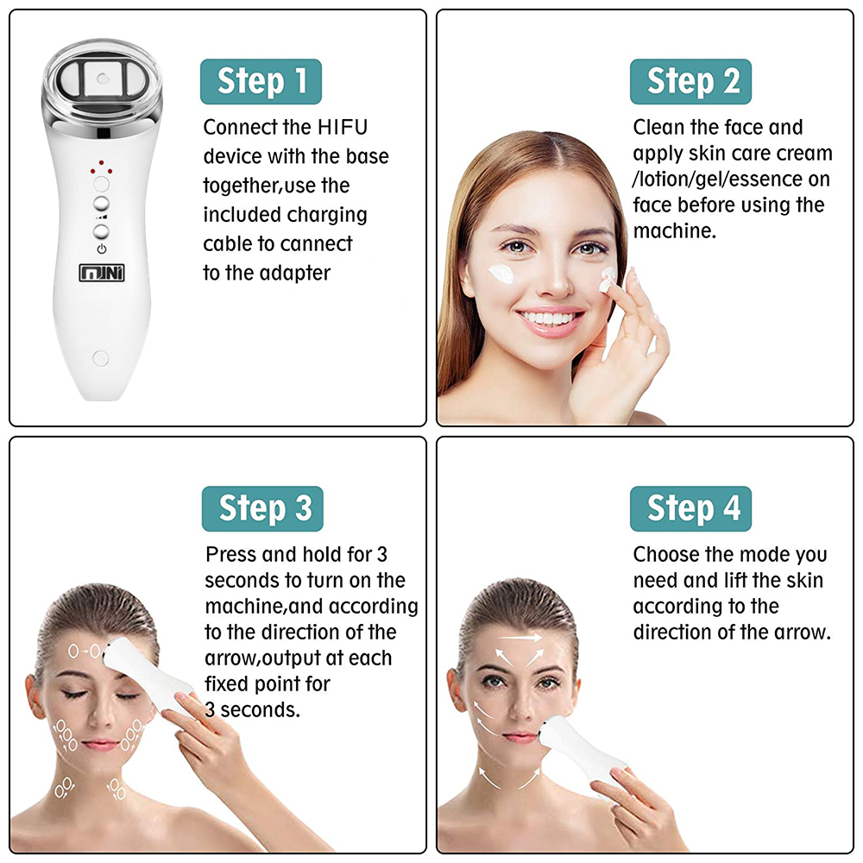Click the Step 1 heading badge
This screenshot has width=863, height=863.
[x=261, y=81]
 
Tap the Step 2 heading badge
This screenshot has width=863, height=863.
[x=690, y=81]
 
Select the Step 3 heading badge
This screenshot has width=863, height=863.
[x=262, y=508]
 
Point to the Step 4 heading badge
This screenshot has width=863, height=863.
[x=690, y=508]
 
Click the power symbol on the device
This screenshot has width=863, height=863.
[x=102, y=249]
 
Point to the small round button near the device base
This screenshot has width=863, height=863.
[x=100, y=356]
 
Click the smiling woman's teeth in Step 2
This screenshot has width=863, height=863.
[x=549, y=319]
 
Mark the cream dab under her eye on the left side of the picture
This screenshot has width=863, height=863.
[x=500, y=274]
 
